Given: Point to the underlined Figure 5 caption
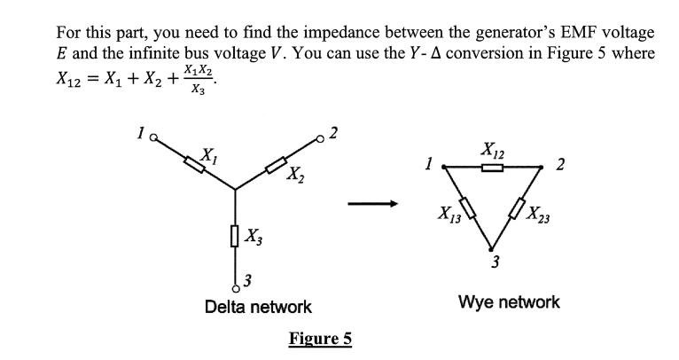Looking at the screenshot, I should pyautogui.click(x=320, y=339).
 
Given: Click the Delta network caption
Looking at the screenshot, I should pyautogui.click(x=258, y=307).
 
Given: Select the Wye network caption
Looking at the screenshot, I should pyautogui.click(x=509, y=301).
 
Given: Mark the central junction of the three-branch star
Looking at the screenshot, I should pyautogui.click(x=235, y=188).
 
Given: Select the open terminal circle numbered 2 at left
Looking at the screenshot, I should pyautogui.click(x=321, y=138).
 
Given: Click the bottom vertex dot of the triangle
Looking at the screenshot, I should pyautogui.click(x=496, y=249).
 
